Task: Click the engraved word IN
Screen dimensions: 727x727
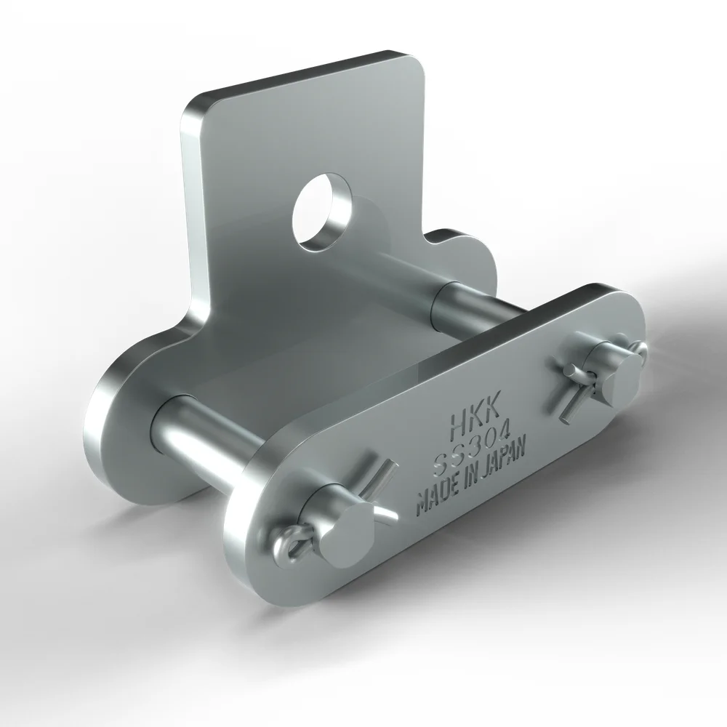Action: point(470,481)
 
